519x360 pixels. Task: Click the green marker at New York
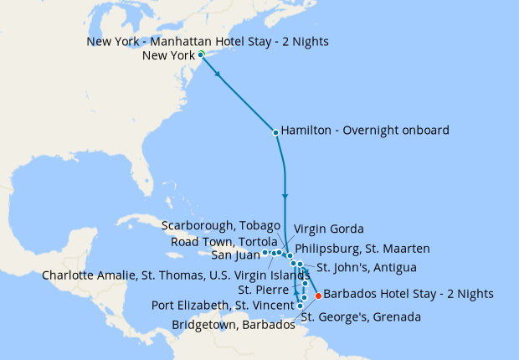(x=201, y=55)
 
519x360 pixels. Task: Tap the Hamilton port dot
(x=275, y=131)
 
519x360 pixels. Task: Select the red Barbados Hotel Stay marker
(x=317, y=295)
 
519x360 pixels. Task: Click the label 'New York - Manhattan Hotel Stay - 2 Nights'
(x=207, y=41)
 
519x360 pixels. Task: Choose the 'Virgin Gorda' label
(x=328, y=229)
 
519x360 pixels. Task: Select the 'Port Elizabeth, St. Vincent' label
(x=222, y=304)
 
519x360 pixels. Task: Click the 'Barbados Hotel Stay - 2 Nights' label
(x=408, y=294)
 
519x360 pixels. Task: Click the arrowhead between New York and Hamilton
(x=219, y=75)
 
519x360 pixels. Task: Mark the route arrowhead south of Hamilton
(x=285, y=197)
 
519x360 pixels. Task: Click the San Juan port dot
(x=265, y=252)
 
